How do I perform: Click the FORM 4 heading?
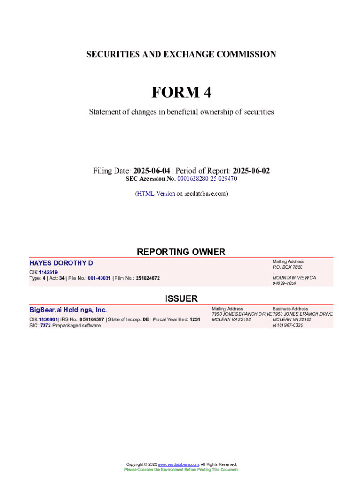coord(181,93)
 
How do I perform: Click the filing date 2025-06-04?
coord(151,171)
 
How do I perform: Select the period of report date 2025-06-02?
coord(251,171)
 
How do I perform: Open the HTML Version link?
coord(155,193)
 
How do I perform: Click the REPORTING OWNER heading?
coord(181,252)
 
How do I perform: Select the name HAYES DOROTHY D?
coord(61,263)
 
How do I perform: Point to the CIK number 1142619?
coord(48,272)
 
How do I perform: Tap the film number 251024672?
coord(147,278)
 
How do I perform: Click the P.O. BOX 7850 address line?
coord(288,267)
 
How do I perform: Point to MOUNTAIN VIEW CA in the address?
coord(294,278)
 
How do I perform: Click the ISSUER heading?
coord(181,298)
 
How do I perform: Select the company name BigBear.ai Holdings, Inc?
coord(68,310)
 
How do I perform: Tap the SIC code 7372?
coord(45,326)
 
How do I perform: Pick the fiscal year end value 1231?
coord(195,320)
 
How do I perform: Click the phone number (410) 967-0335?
coord(288,326)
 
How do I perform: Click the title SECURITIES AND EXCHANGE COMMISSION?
coord(181,54)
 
